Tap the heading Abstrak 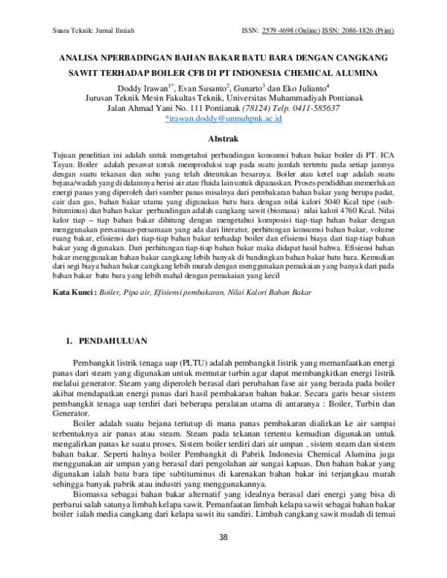pyautogui.click(x=223, y=139)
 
